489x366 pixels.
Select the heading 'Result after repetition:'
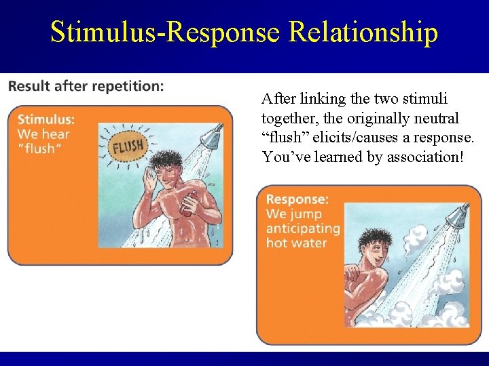click(86, 86)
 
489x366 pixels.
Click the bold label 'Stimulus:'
click(46, 120)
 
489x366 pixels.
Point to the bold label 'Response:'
click(297, 199)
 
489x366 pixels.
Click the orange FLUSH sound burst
click(128, 146)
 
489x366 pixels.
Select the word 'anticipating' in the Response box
click(302, 228)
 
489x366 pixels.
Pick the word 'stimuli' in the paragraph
click(427, 99)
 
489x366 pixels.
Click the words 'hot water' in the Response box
click(296, 243)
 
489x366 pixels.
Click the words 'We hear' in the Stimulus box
click(43, 134)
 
